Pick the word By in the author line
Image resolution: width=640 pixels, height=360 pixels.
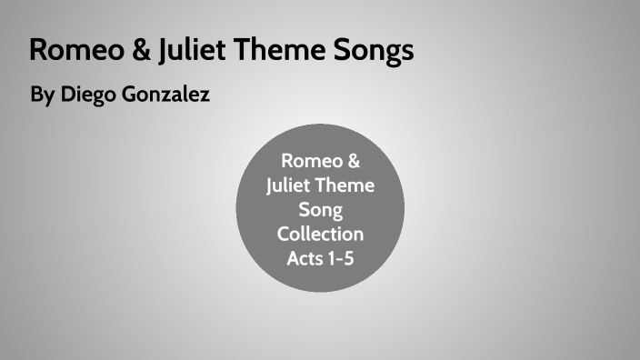[x=42, y=95]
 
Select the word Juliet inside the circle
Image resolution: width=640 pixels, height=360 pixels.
[x=289, y=186]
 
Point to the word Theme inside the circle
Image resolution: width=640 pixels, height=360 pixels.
[x=346, y=186]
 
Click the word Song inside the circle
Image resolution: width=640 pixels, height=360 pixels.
[x=320, y=211]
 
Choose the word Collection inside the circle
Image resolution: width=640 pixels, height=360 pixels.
[x=320, y=235]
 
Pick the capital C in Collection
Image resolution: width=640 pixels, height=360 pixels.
[x=283, y=235]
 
